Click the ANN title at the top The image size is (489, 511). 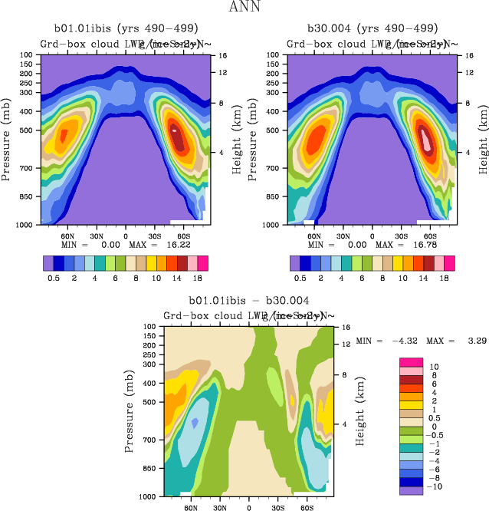click(x=244, y=8)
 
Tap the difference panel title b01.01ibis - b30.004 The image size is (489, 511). click(x=249, y=302)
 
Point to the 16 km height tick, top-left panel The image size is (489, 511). click(x=222, y=56)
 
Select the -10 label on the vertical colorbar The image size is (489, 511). click(x=434, y=486)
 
